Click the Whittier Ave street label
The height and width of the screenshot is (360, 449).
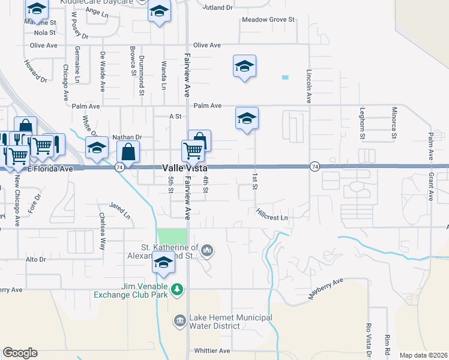point(212,350)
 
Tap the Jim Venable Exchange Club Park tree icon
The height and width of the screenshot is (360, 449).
point(177,290)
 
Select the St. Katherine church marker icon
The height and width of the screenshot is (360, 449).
point(207,250)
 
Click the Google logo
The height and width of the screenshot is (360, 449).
point(20,353)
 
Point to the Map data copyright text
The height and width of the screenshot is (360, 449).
point(423,355)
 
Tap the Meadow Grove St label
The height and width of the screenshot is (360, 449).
point(268,20)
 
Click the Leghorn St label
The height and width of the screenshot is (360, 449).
point(363,124)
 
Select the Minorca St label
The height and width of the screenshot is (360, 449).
point(394,123)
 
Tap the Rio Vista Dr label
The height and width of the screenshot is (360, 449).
point(369,340)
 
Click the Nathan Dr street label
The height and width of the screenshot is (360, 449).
point(126,137)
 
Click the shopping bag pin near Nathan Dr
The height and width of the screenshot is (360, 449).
point(128,153)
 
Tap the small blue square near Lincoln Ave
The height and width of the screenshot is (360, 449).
point(285,77)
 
